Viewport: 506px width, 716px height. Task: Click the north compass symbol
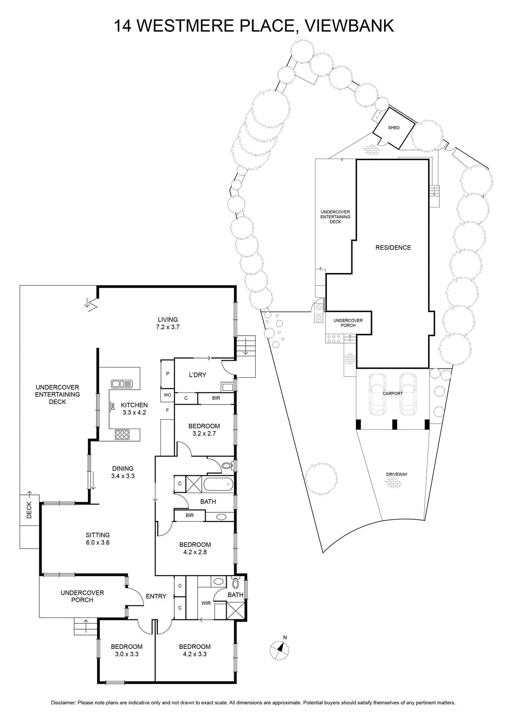(279, 649)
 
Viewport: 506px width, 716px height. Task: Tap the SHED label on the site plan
(394, 128)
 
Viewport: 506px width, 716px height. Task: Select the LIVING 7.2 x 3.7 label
(168, 323)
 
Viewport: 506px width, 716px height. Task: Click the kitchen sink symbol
(122, 384)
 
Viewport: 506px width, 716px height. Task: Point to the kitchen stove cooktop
(122, 435)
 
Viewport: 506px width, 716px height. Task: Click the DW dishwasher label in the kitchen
(112, 406)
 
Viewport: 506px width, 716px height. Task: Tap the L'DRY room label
(197, 375)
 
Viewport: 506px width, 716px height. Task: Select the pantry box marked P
(167, 374)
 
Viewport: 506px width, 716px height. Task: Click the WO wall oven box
(167, 395)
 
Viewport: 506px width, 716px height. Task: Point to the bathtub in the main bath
(219, 484)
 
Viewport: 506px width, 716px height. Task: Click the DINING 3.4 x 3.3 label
(122, 472)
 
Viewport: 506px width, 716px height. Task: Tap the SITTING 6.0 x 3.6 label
(98, 539)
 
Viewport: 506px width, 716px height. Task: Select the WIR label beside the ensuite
(206, 603)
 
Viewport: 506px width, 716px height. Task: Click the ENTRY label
(156, 596)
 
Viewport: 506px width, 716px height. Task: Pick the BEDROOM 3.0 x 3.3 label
(127, 650)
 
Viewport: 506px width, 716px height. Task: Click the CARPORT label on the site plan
(392, 393)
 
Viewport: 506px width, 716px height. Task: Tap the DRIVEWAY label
(397, 474)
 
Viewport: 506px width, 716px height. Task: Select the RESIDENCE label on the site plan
(393, 247)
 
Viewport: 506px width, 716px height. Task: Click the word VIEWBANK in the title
(350, 25)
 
